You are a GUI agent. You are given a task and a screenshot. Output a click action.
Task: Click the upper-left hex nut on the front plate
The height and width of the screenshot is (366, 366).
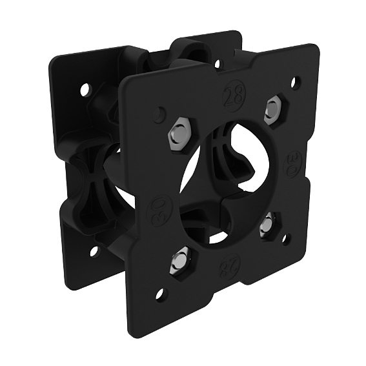178,133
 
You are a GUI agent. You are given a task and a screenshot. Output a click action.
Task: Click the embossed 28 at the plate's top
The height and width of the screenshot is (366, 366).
232,95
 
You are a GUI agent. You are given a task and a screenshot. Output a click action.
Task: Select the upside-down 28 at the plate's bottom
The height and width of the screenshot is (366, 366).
228,265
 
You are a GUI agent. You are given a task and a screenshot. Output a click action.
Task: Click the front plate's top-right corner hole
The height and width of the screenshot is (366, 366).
295,81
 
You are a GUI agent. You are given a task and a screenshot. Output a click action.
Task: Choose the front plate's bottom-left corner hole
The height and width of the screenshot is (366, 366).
160,295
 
